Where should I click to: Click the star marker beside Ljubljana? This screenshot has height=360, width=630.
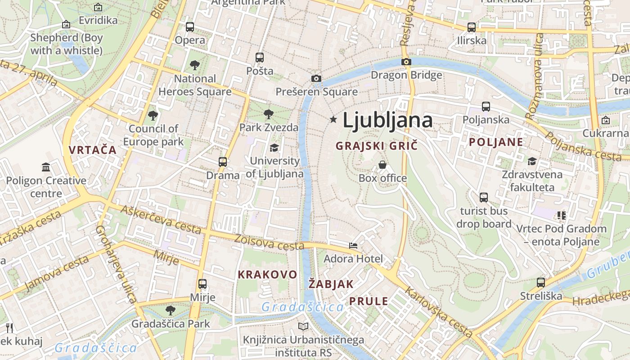[x=333, y=119]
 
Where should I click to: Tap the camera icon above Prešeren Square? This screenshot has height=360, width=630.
[x=316, y=79]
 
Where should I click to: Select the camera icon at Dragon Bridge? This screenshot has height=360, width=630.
[x=406, y=62]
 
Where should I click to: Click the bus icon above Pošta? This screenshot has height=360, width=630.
[x=259, y=58]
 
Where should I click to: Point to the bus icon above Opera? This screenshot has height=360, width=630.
[x=190, y=27]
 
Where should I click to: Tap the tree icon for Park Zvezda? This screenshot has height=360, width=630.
[x=269, y=114]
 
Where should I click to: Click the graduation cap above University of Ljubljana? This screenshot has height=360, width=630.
[x=274, y=148]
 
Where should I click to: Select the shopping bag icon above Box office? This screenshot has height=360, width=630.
[x=382, y=165]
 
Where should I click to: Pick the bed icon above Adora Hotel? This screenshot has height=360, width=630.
[x=353, y=246]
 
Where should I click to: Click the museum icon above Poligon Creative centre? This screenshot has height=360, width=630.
[x=46, y=167]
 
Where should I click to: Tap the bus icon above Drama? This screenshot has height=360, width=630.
[x=223, y=162]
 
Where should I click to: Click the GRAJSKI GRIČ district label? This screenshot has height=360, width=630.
[x=377, y=146]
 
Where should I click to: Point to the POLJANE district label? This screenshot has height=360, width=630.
[x=496, y=142]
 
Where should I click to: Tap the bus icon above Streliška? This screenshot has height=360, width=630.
[x=541, y=283]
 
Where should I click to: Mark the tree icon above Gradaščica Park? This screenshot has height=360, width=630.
[x=170, y=310]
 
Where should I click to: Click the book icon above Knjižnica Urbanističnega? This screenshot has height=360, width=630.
[x=304, y=326]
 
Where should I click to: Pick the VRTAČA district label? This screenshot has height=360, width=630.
[x=93, y=150]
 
